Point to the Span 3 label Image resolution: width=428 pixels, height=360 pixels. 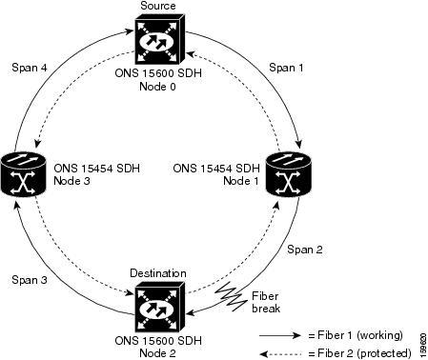tap(30, 280)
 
